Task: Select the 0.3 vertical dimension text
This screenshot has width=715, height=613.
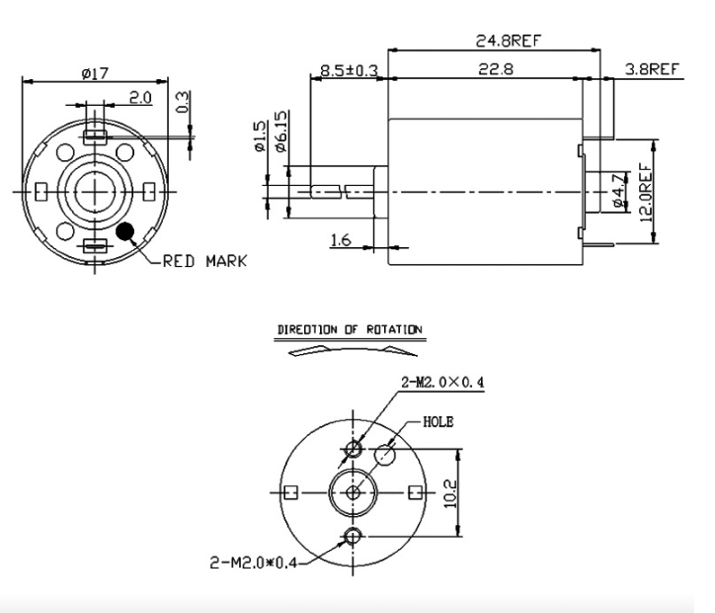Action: [184, 103]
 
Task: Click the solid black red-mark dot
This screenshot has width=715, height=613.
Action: [125, 232]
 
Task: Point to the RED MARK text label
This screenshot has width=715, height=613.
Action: [204, 261]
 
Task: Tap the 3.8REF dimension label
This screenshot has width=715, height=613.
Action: [652, 69]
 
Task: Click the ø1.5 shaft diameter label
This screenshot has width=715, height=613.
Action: [260, 135]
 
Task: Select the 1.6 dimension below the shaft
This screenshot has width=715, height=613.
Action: [339, 237]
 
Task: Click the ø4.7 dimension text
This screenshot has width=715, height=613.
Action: [617, 189]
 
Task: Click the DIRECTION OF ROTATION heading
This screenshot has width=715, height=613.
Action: [349, 328]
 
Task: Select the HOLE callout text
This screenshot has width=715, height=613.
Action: [437, 421]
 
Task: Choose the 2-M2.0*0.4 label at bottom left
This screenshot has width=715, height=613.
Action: [253, 564]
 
